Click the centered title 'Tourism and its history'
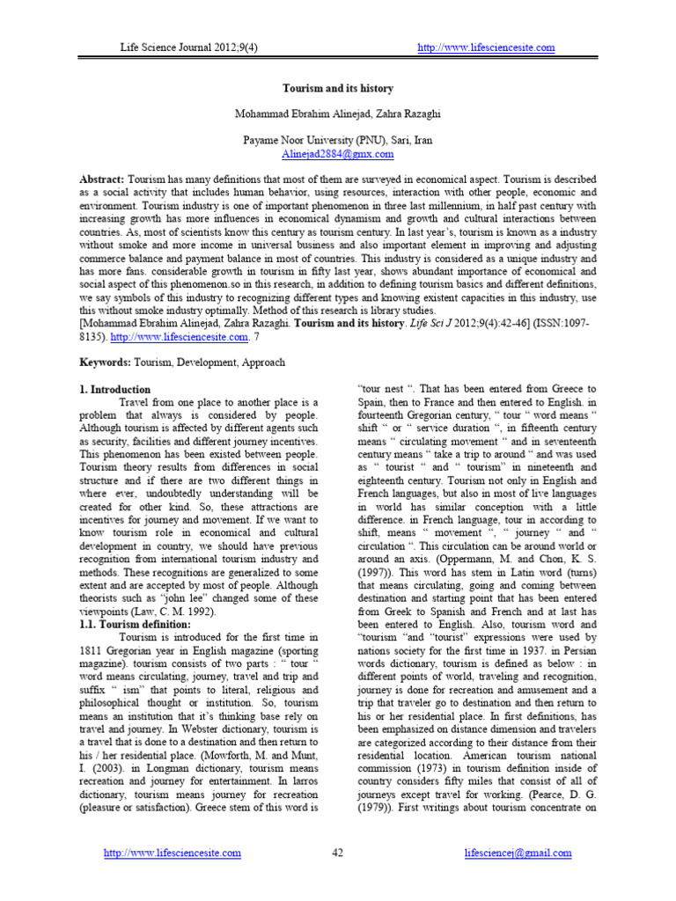(337, 89)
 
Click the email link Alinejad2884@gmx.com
(337, 153)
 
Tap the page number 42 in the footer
(337, 853)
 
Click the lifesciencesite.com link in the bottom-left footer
(172, 853)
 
